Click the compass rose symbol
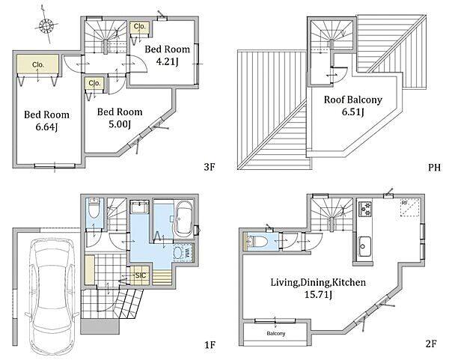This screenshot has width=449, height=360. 46,26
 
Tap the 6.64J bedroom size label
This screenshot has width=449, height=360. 46,127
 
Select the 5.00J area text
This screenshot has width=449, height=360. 120,124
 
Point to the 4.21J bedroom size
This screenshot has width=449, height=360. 167,61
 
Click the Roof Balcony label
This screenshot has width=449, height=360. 352,100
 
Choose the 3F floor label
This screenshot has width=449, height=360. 210,167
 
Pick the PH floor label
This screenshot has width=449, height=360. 434,167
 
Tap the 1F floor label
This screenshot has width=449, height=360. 210,345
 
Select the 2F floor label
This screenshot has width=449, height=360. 431,344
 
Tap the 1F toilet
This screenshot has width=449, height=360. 94,209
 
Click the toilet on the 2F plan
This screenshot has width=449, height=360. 257,242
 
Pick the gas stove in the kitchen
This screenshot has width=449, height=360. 365,209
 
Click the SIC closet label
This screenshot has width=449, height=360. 141,275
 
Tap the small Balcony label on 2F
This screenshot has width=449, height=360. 276,334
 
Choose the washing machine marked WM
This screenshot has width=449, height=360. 183,254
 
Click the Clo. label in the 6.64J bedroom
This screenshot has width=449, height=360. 38,64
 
